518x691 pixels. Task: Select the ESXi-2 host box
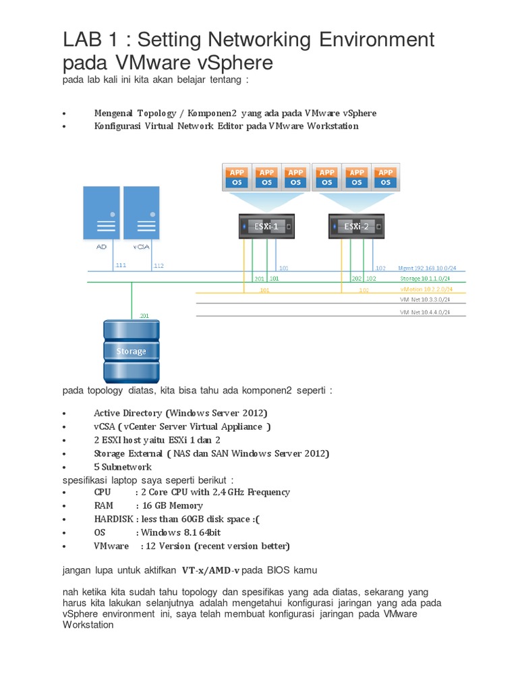point(357,227)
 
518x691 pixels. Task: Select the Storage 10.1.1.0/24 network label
point(426,278)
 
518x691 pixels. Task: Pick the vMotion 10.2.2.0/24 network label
point(426,289)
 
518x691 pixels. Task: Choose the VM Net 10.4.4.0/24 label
point(425,312)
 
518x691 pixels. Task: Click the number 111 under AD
point(121,266)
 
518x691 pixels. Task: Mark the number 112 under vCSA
point(159,266)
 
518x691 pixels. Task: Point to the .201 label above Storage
point(144,315)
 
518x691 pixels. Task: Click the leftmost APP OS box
point(238,177)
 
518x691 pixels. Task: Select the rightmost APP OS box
point(385,177)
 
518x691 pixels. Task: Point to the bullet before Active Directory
point(63,413)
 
